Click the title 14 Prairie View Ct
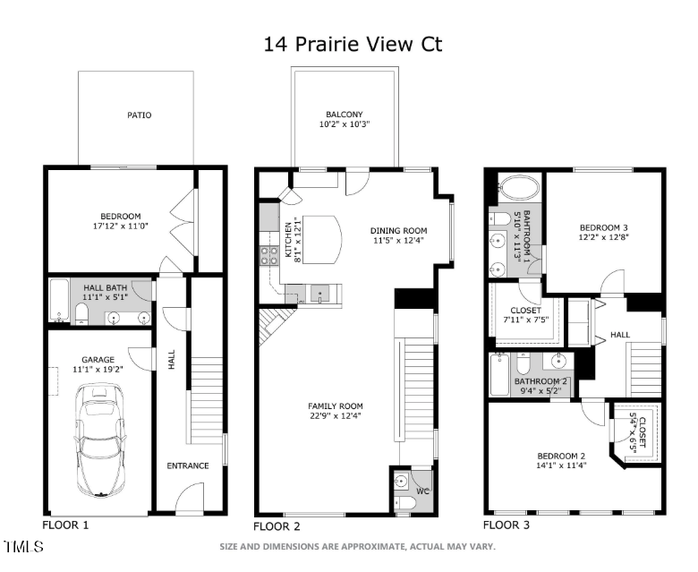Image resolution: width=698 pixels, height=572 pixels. (353, 44)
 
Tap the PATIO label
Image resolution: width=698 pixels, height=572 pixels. (138, 115)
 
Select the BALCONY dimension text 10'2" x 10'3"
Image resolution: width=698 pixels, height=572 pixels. (344, 125)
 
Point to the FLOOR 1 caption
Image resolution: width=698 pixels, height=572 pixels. (65, 525)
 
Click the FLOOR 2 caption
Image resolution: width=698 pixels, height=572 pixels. (277, 525)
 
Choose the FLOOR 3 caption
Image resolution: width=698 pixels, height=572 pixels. (506, 525)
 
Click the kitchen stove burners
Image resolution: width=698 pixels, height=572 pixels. (269, 257)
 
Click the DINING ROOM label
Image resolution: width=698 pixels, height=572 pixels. (399, 231)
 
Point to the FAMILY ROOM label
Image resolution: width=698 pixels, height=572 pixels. (336, 406)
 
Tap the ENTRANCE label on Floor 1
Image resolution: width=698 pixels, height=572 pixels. (188, 465)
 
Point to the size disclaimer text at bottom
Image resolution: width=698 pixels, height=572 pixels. (358, 546)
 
